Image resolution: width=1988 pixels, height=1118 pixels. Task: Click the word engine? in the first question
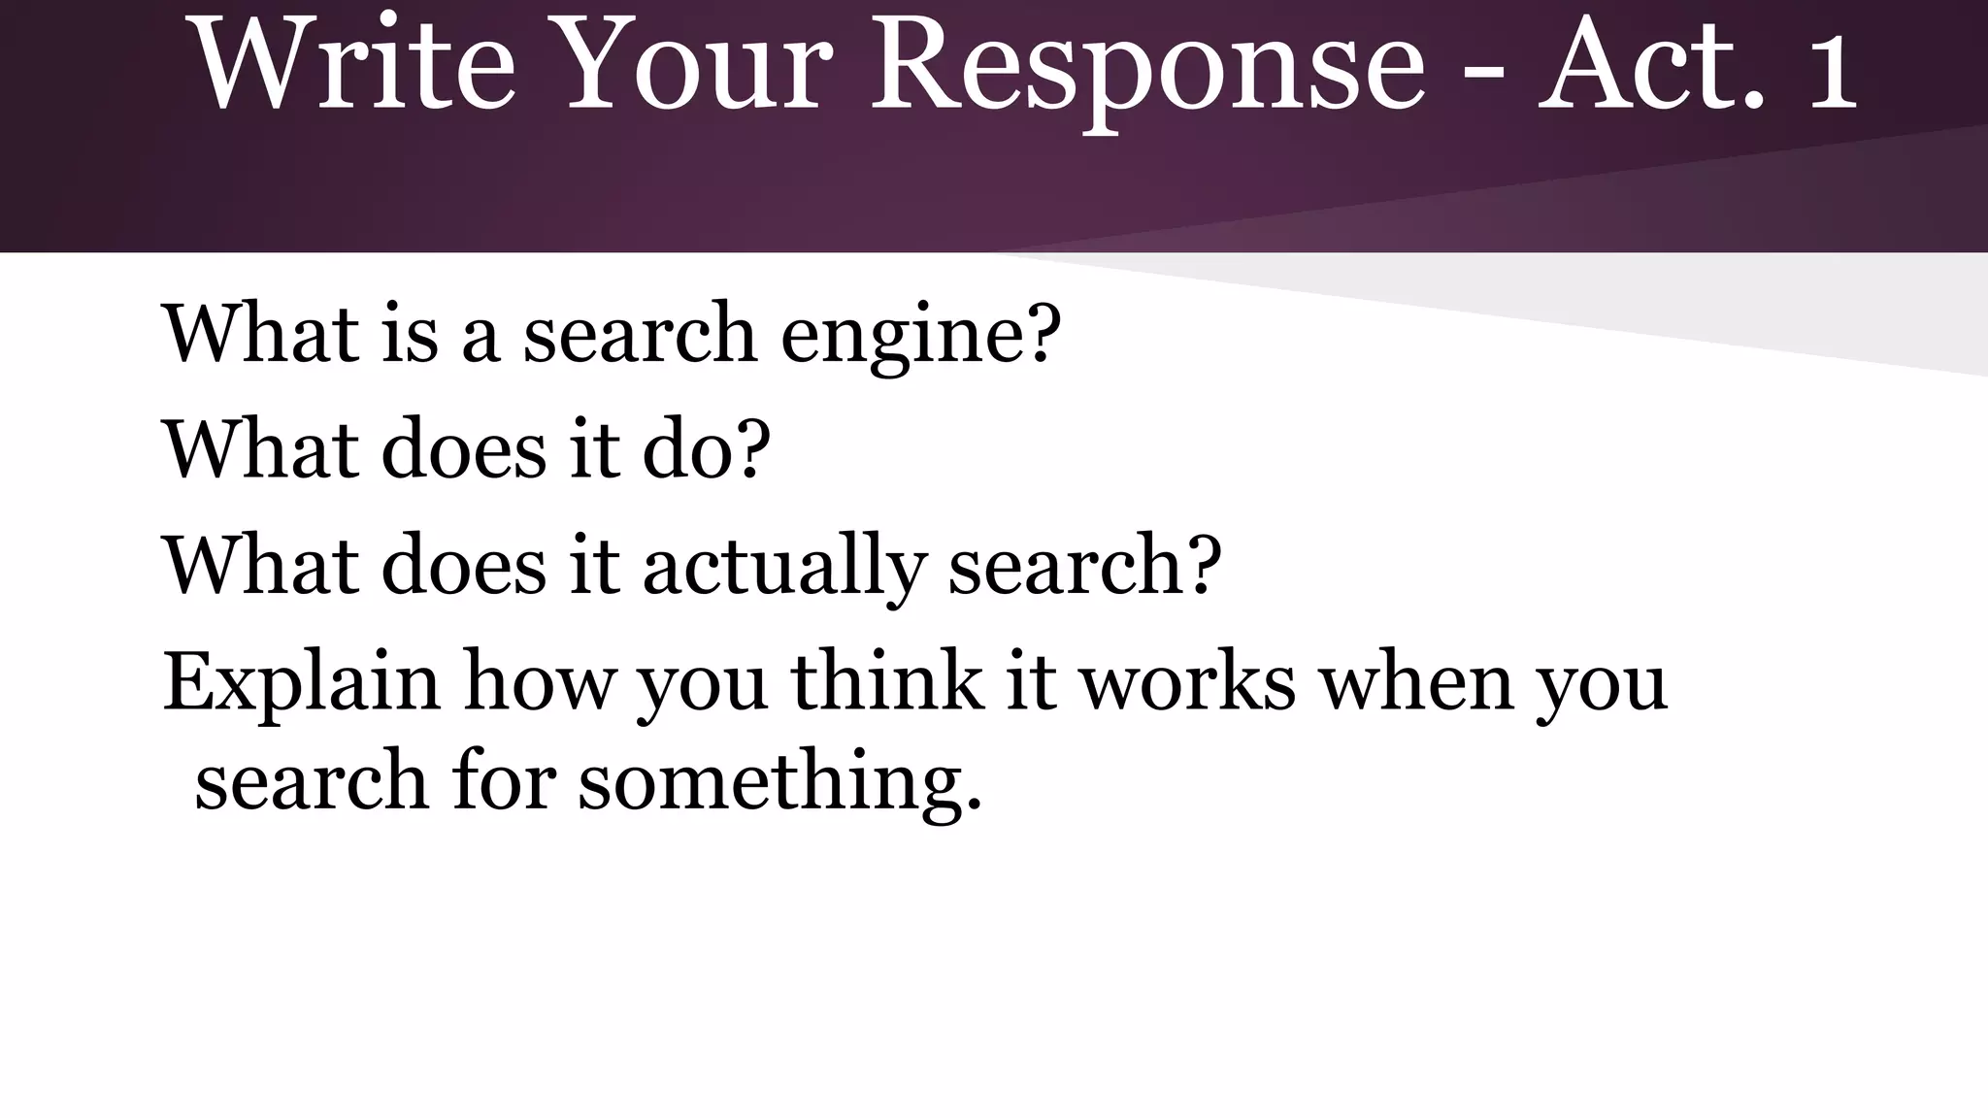pos(920,335)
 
